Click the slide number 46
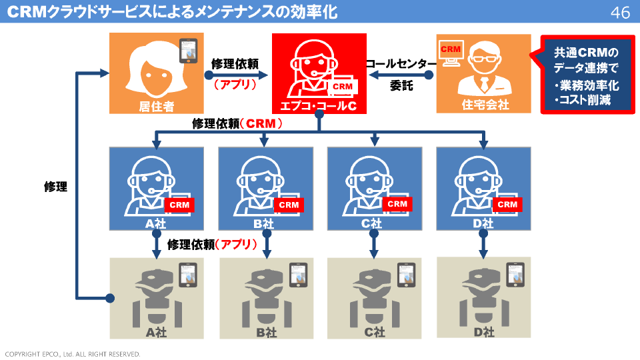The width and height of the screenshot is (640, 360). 620,13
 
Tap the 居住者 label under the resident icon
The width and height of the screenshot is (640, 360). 157,105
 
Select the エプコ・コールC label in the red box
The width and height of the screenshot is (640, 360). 319,105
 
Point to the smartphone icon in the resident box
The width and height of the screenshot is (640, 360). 189,51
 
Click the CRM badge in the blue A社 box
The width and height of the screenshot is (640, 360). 179,205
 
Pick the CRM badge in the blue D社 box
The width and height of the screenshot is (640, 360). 507,205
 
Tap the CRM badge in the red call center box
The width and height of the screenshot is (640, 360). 342,87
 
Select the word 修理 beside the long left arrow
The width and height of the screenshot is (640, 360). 55,187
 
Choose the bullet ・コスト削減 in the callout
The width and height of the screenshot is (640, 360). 582,100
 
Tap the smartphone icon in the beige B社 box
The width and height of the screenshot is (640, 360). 298,275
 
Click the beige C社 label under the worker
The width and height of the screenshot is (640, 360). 375,331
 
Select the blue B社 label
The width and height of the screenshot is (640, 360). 265,224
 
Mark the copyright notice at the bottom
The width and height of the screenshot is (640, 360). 73,354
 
